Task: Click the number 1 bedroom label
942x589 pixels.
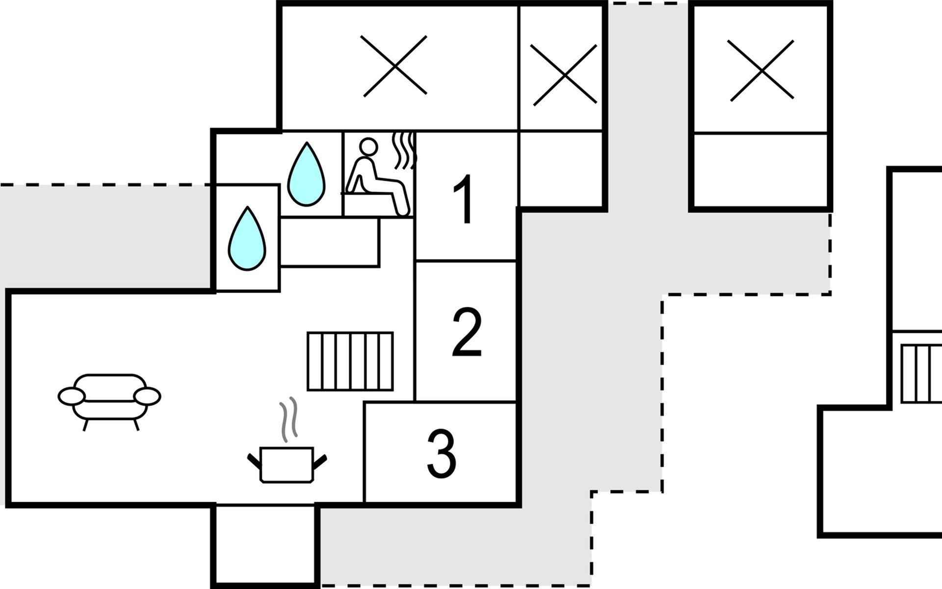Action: [464, 199]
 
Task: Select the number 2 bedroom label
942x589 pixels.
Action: [467, 333]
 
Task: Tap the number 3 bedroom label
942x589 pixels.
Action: [441, 454]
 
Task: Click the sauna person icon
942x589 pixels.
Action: [377, 177]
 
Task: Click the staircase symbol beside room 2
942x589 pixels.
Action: [350, 361]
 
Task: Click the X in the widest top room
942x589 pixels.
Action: [395, 66]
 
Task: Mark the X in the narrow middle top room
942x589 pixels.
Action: [565, 75]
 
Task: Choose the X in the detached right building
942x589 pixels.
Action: [762, 71]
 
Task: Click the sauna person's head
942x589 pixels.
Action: [368, 146]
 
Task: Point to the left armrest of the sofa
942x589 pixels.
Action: [72, 396]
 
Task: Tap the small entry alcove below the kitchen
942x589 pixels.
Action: [265, 545]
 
